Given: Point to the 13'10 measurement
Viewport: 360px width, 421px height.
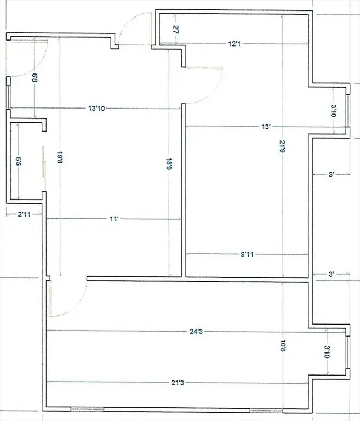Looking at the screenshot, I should pos(96,109).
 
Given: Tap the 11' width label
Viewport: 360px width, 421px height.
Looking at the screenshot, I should pos(115,219).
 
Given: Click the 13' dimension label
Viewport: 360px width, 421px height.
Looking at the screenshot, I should pos(266,127).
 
